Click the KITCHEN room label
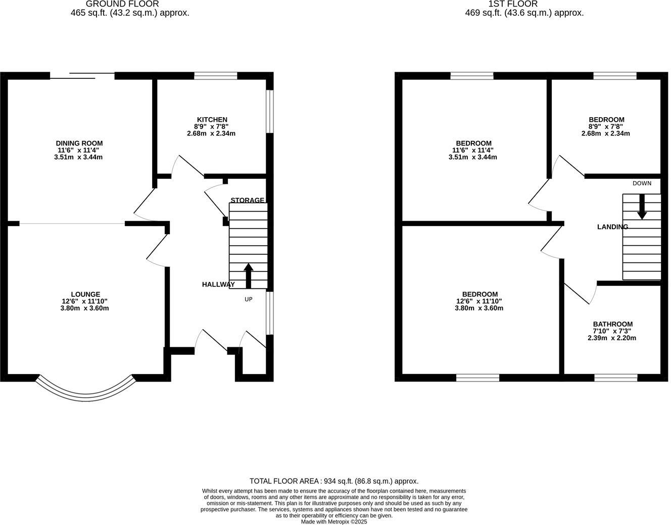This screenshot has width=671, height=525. click(x=212, y=120)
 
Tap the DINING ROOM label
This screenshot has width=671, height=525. click(x=79, y=143)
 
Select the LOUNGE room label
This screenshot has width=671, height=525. click(x=85, y=294)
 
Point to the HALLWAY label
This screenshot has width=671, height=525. click(x=218, y=285)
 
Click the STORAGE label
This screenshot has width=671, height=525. click(x=247, y=200)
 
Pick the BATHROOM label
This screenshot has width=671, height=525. click(x=612, y=324)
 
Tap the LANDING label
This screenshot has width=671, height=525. click(x=612, y=227)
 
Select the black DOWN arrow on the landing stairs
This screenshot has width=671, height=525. click(x=641, y=206)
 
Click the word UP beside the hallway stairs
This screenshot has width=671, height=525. click(x=248, y=299)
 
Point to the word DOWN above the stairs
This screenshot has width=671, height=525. click(x=642, y=183)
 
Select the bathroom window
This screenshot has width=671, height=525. click(x=615, y=378)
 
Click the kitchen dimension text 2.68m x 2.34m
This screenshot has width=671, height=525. click(x=211, y=134)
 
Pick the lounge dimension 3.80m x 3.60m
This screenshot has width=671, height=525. click(x=84, y=308)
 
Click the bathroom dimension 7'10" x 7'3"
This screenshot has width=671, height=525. click(x=612, y=331)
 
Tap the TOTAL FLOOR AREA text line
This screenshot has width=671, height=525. click(x=334, y=481)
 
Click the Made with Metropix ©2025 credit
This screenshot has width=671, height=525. click(x=334, y=521)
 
